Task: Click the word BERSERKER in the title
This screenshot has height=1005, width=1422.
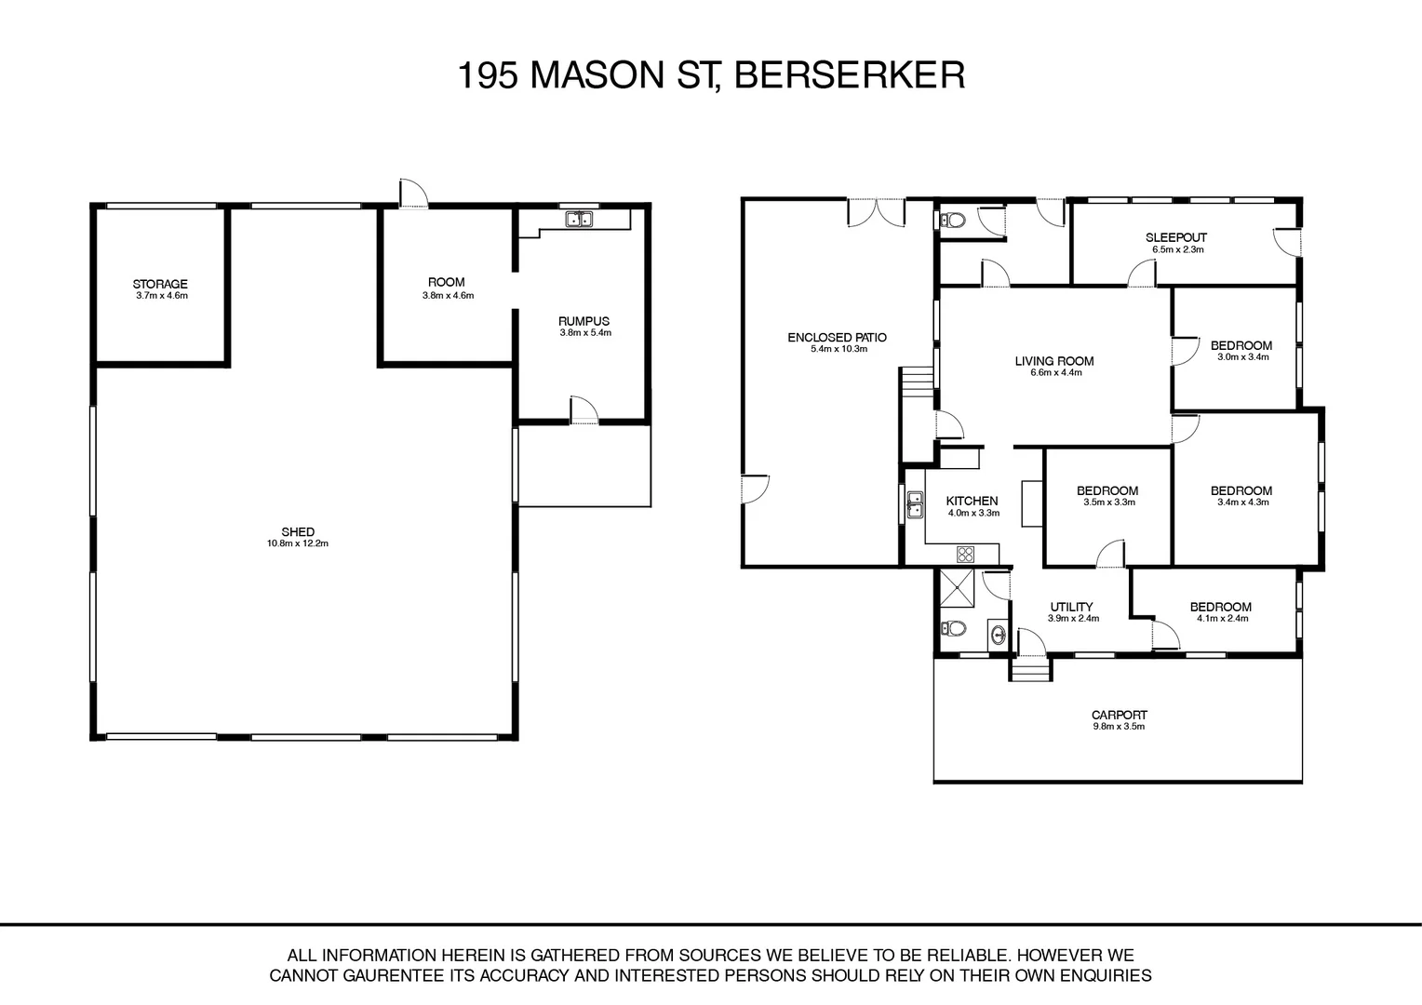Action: coord(850,75)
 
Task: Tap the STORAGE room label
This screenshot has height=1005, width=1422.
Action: coord(160,284)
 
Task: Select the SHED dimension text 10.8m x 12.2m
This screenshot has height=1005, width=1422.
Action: coord(298,543)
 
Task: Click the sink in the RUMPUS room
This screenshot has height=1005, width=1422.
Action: coord(579,219)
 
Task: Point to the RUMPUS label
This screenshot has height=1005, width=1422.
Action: coord(584,321)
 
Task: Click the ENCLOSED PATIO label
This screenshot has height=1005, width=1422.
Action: coord(838,337)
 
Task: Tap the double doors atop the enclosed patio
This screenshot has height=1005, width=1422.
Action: coord(877,212)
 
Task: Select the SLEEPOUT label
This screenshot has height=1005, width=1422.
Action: coord(1176,237)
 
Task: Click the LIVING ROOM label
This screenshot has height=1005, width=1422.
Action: coord(1054,361)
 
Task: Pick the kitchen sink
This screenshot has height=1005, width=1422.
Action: coord(915,504)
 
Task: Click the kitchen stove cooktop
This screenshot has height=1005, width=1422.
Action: coord(966,555)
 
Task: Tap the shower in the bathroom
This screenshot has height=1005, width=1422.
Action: coord(957,588)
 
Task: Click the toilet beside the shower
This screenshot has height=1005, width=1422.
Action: coord(953,628)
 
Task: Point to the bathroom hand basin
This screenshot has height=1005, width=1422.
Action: coord(998,634)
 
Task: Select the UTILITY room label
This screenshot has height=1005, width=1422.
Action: coord(1071,607)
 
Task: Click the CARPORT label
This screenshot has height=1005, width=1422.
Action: coord(1120,715)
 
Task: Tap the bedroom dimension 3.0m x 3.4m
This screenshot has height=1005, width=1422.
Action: coord(1243,357)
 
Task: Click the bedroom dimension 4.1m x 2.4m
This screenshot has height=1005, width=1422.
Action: coord(1223,619)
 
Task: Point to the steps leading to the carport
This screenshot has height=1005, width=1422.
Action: coord(1031,669)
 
